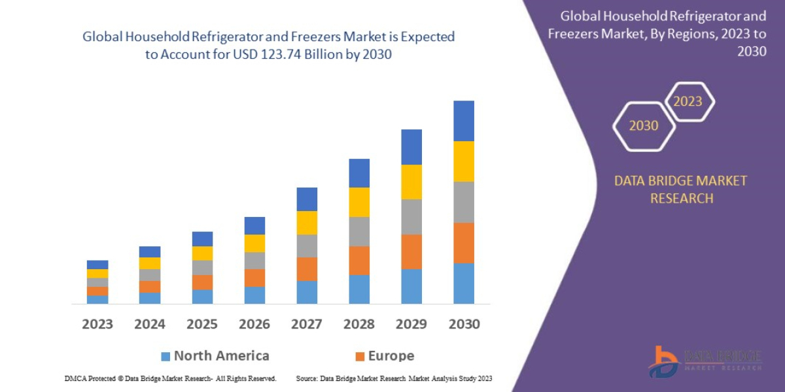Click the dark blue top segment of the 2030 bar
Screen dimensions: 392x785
tap(463, 121)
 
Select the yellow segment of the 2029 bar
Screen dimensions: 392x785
tap(411, 182)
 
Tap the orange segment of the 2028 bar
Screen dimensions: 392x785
tap(358, 260)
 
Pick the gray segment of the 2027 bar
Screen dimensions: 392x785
tap(307, 246)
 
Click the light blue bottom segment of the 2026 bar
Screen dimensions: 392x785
tap(254, 295)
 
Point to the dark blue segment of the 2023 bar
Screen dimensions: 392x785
tap(97, 265)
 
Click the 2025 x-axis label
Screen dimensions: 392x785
tap(202, 324)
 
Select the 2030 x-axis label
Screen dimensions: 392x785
tap(463, 324)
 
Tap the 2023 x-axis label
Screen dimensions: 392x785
tap(97, 324)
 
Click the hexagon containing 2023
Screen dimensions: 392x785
tap(688, 101)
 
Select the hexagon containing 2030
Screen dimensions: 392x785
tap(644, 125)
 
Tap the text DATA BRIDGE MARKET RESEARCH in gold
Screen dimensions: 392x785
tap(680, 189)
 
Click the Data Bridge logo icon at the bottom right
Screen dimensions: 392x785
tap(665, 361)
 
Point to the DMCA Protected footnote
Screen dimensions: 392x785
tap(170, 378)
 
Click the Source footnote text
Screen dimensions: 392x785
tap(394, 378)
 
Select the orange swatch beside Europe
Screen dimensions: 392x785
tap(359, 357)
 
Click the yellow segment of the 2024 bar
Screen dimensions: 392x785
tap(150, 263)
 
